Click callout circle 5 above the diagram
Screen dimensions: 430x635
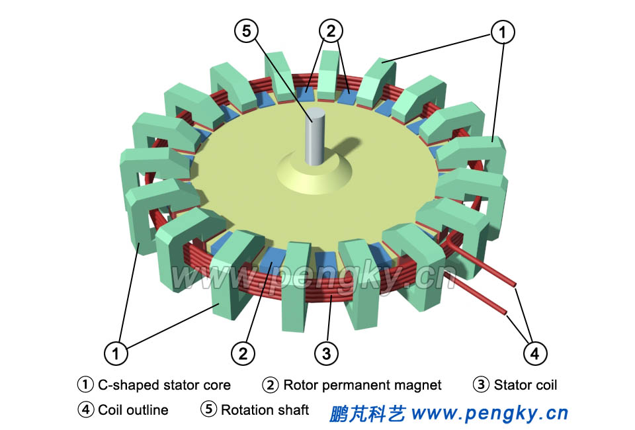point(246,30)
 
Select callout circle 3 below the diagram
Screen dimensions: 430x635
point(325,353)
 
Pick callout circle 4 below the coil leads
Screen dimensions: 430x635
point(534,353)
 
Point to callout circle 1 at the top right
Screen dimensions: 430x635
point(502,30)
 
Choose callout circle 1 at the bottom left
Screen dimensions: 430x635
point(116,353)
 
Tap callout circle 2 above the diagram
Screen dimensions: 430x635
point(331,30)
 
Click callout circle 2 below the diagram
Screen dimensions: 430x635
point(243,353)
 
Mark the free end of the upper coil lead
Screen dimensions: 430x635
point(514,286)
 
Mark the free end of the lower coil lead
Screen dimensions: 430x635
point(506,312)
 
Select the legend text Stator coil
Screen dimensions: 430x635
point(525,385)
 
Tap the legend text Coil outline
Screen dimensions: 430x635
point(133,410)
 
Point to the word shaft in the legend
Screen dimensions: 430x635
point(293,410)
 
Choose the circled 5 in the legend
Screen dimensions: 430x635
point(209,409)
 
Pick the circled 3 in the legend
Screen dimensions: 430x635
point(482,384)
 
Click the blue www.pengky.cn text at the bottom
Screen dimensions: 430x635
point(489,414)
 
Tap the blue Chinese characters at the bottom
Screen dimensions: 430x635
point(367,414)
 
